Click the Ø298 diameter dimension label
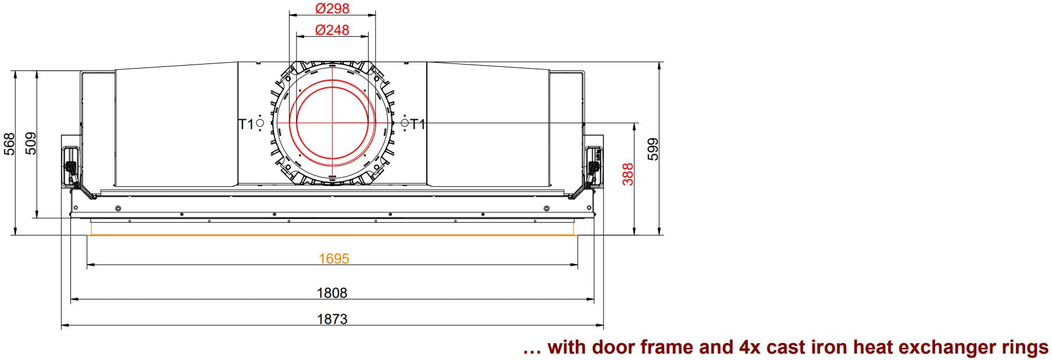point(332,9)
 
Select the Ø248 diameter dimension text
point(332,30)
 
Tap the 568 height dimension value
point(9,144)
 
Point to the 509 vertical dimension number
point(31,144)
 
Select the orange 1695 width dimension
point(334,259)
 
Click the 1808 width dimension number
point(332,293)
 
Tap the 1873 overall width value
point(332,319)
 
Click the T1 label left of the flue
point(246,124)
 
